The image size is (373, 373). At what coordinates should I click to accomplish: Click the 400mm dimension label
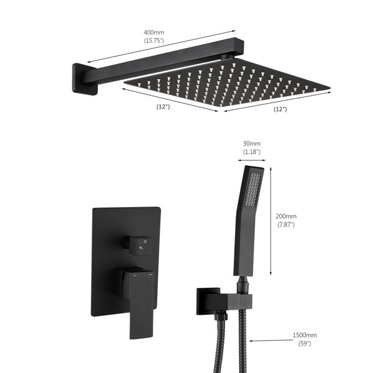(x=154, y=32)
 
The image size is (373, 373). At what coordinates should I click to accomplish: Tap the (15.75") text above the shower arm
(x=154, y=40)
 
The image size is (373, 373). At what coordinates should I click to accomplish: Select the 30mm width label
(x=252, y=144)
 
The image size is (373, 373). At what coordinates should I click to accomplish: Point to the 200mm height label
(x=286, y=216)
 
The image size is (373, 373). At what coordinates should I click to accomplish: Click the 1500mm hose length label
(x=305, y=335)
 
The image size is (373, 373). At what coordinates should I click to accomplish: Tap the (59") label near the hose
(x=305, y=344)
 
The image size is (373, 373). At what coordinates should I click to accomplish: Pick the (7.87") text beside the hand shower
(x=286, y=224)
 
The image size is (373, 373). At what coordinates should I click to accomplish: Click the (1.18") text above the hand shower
(x=252, y=152)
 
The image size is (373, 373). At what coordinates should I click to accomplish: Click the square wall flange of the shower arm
(x=85, y=79)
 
